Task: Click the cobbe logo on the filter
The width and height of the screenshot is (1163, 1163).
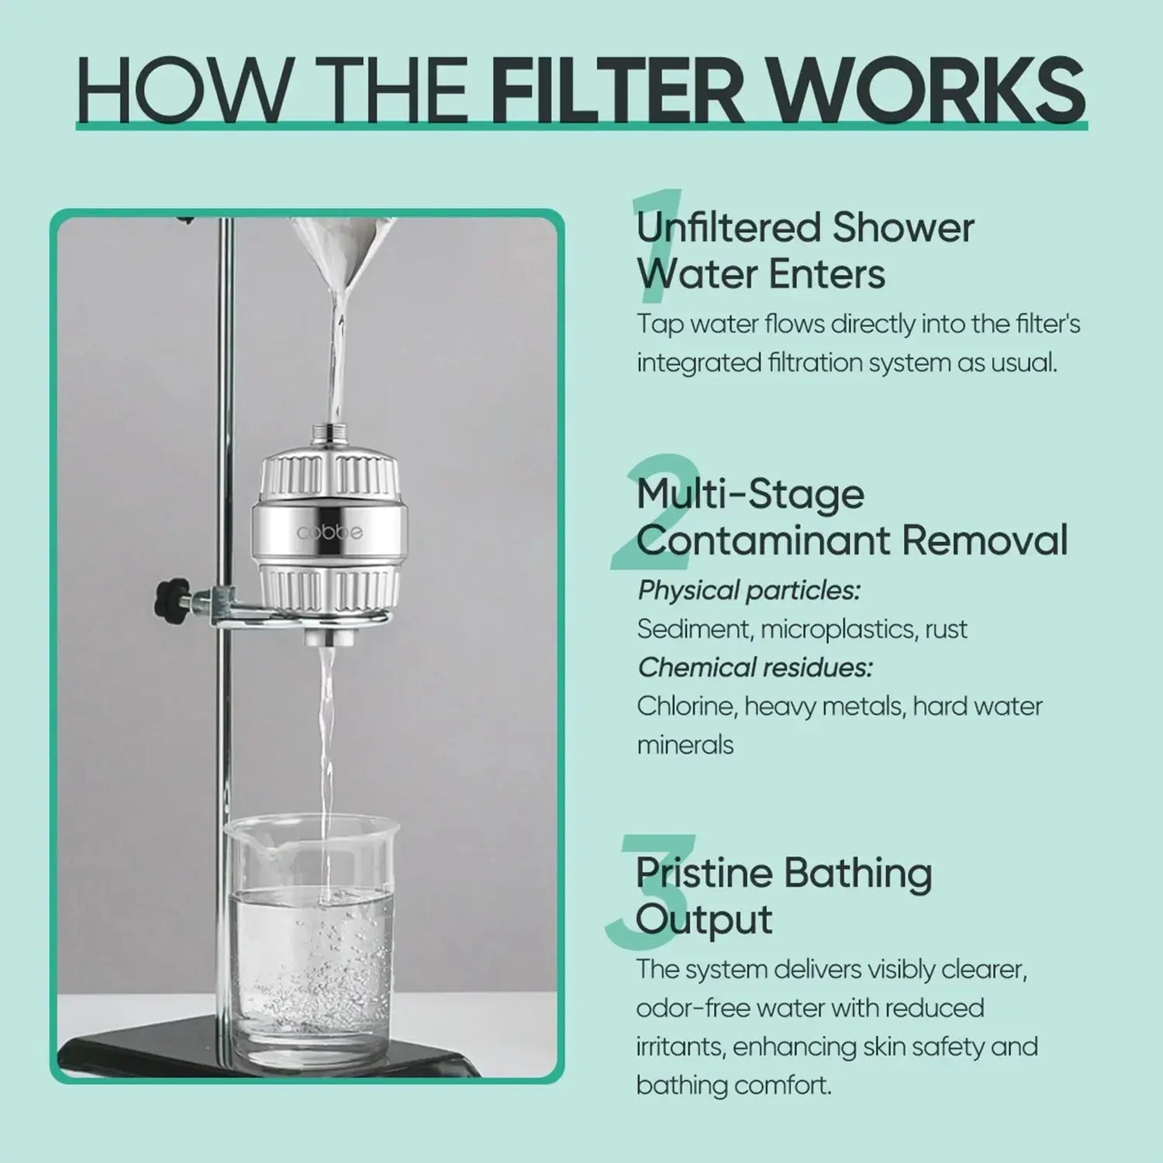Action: [330, 532]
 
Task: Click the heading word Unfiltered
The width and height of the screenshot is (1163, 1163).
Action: [728, 228]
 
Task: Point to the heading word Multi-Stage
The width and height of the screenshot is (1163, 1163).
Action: [750, 495]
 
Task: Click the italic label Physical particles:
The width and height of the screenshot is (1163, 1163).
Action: [749, 591]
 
